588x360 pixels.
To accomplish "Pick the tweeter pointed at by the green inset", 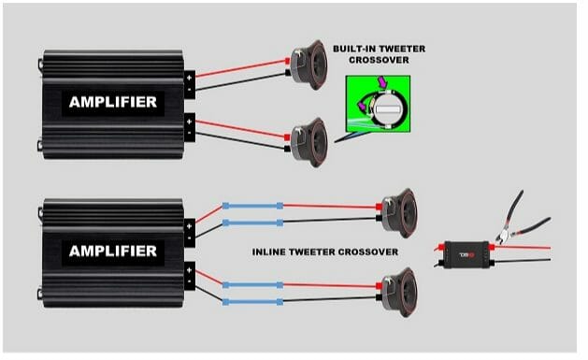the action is (307, 138).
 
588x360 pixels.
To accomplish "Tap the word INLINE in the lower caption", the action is (279, 252).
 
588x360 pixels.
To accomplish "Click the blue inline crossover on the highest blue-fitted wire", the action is (252, 206).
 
